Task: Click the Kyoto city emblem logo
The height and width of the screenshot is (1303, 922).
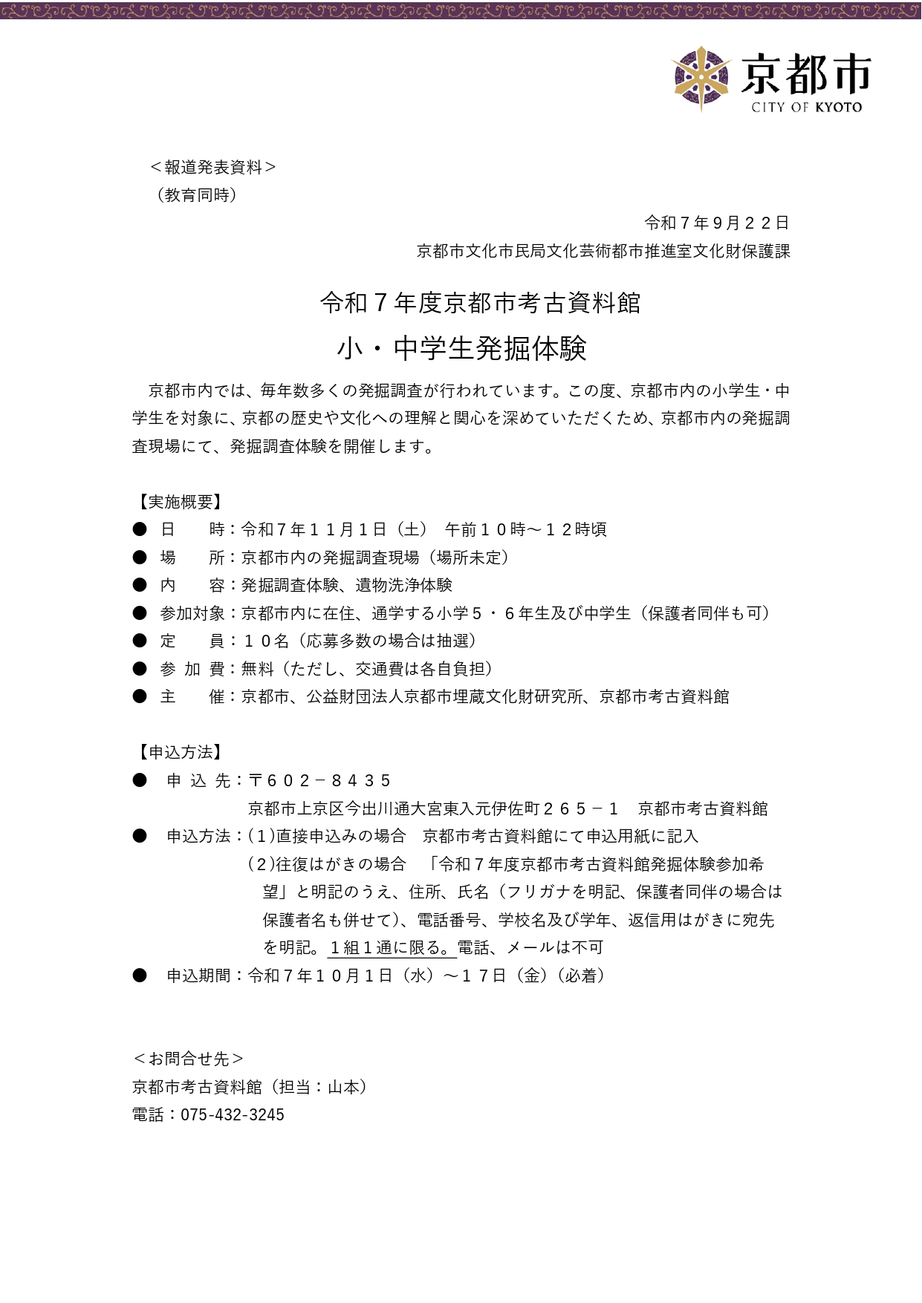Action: coord(701,78)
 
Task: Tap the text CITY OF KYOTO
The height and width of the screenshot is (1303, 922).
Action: coord(806,108)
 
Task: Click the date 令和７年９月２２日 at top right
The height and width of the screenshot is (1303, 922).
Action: coord(716,223)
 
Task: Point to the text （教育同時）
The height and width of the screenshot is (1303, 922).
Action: coord(197,195)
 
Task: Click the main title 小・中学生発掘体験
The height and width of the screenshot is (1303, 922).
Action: coord(461,348)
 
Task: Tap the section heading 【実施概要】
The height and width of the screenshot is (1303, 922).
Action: coord(178,502)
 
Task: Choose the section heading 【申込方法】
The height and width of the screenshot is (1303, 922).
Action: coord(178,752)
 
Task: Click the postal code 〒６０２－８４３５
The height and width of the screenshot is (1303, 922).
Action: coord(319,780)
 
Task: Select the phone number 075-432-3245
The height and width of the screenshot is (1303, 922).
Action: coord(233,1114)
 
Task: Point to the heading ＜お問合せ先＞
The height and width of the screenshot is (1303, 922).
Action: coord(189,1059)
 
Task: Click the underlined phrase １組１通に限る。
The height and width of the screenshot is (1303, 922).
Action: coord(390,947)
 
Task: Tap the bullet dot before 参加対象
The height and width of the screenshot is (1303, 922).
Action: coord(140,613)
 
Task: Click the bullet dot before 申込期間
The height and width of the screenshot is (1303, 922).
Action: coord(140,976)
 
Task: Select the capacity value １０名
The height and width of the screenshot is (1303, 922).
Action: coord(266,641)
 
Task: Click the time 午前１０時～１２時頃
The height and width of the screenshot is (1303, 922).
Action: coord(525,529)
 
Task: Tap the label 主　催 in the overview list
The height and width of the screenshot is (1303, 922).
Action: coord(192,696)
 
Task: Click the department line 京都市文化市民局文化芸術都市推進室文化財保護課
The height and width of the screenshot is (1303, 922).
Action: coord(603,251)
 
